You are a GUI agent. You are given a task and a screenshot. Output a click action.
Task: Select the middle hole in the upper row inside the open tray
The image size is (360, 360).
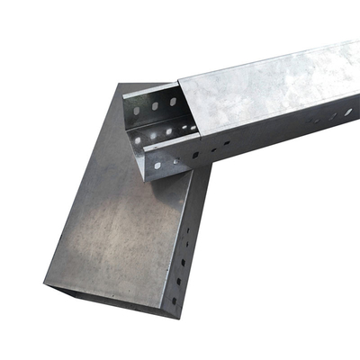coord(153,105)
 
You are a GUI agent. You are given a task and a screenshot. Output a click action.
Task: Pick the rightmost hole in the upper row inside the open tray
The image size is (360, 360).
coord(168,100)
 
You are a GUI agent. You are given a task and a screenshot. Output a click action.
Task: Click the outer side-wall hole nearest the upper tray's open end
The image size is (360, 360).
coord(159,166)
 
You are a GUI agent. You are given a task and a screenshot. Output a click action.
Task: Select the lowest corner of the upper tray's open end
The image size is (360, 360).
coord(146,178)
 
